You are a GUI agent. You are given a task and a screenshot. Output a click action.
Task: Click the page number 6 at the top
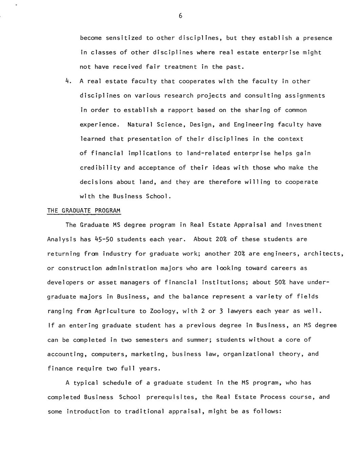tap(180, 16)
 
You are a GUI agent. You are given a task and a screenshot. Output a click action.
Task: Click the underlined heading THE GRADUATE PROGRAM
tap(83, 211)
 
